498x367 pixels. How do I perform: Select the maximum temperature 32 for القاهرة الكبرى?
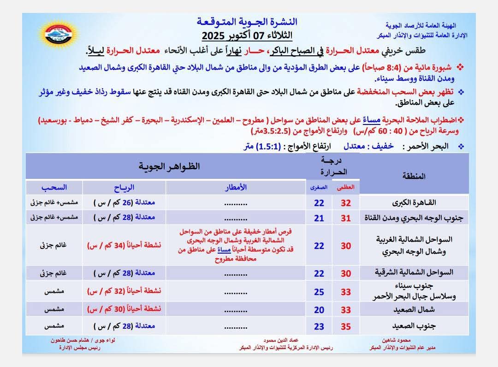pos(346,203)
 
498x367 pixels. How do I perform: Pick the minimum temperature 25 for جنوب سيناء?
pos(319,292)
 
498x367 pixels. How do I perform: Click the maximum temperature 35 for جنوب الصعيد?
pos(346,327)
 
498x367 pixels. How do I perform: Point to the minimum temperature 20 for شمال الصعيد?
pos(319,310)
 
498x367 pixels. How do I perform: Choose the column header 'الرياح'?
pos(124,187)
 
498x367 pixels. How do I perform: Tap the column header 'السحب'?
pos(54,187)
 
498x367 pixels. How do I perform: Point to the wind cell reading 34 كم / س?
pos(124,246)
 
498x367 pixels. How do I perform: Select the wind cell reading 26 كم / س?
pos(124,202)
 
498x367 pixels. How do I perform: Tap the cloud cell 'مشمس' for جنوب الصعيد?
pos(53,327)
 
